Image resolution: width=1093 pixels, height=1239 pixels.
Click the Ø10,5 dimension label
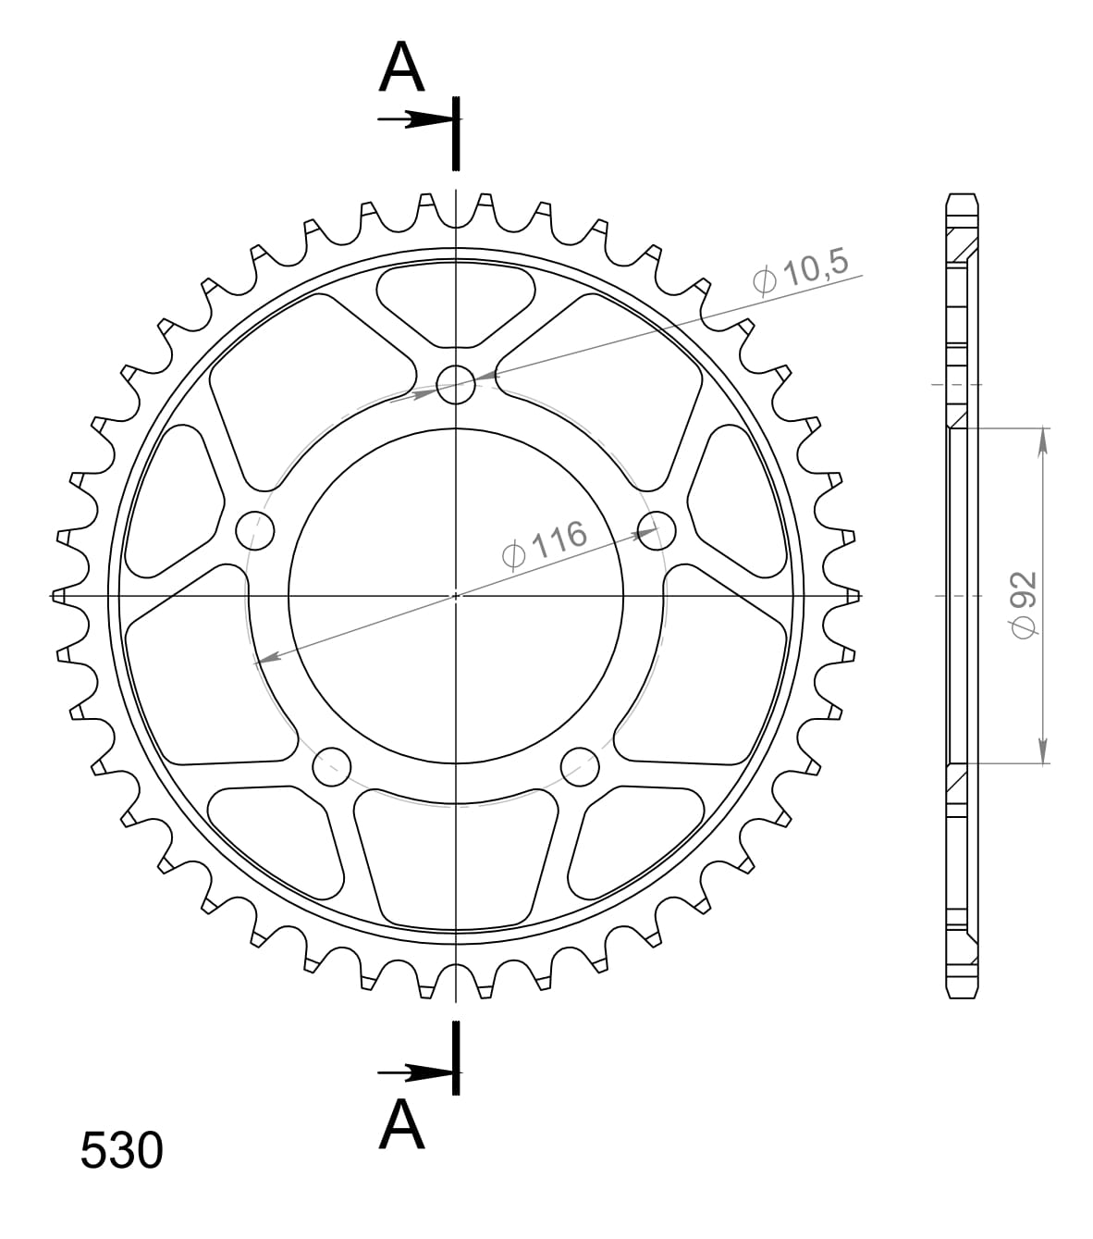[801, 271]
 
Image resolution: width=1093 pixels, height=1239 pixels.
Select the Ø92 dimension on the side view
[1024, 601]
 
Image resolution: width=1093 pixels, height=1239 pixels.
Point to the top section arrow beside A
[416, 119]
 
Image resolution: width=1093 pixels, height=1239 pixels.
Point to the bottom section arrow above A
[416, 1072]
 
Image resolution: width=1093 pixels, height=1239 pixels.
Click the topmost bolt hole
[455, 385]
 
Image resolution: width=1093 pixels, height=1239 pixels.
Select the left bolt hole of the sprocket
[256, 530]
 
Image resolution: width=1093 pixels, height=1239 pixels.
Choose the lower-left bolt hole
[332, 765]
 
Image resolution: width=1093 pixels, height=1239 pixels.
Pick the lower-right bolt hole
[580, 764]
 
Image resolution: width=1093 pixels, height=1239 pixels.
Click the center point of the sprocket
[455, 596]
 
